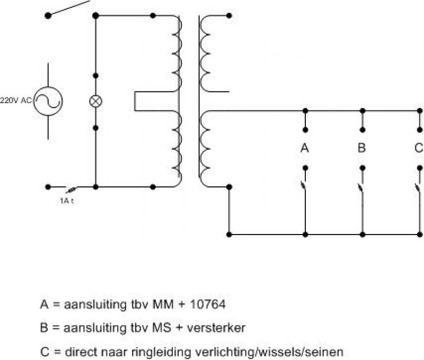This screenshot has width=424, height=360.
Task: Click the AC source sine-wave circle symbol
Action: pyautogui.click(x=48, y=101)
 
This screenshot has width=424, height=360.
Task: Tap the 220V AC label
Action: pyautogui.click(x=16, y=101)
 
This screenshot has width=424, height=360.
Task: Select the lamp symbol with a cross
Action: pyautogui.click(x=95, y=101)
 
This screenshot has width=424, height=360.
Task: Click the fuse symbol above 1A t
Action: pyautogui.click(x=71, y=190)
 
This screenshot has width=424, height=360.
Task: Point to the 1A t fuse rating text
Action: pyautogui.click(x=67, y=201)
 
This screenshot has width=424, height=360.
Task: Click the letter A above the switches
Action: pyautogui.click(x=305, y=148)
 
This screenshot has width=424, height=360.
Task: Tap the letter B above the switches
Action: pyautogui.click(x=362, y=148)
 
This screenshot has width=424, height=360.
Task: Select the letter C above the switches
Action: pyautogui.click(x=419, y=148)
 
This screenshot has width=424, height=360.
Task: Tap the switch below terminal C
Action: pyautogui.click(x=419, y=186)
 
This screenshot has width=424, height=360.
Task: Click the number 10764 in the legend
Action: pyautogui.click(x=208, y=304)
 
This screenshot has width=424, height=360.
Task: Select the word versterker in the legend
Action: pyautogui.click(x=216, y=328)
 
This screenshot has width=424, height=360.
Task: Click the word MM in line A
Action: pyautogui.click(x=163, y=304)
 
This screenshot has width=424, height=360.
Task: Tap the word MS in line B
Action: pyautogui.click(x=162, y=328)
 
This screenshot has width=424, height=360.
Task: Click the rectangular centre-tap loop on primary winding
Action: pyautogui.click(x=135, y=101)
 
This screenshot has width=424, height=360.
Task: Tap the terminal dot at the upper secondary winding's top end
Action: pyautogui.click(x=229, y=16)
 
